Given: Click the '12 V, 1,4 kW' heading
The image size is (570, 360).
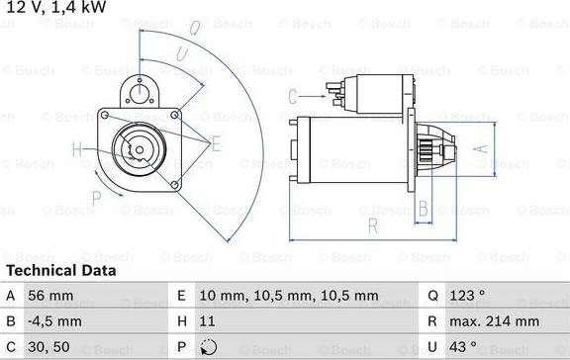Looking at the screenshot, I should click(55, 9).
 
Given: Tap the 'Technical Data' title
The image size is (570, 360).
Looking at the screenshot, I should click(60, 270).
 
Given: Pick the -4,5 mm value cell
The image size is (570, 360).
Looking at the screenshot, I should click(55, 321).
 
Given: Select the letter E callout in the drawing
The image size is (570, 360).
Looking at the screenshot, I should click(216, 143).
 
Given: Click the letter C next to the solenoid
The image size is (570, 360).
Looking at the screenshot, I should click(293, 96).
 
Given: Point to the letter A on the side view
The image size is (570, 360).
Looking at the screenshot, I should click(482, 149).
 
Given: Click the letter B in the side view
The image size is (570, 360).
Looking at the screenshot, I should click(423, 209).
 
